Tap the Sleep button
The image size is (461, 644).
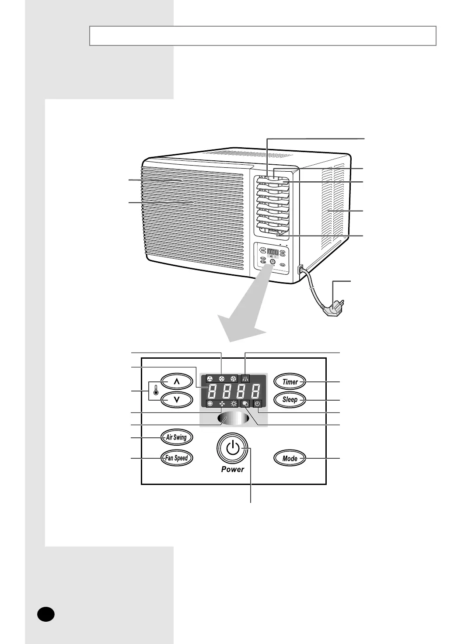pyautogui.click(x=290, y=399)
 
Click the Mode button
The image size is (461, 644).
pyautogui.click(x=290, y=458)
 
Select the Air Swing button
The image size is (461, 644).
pyautogui.click(x=176, y=437)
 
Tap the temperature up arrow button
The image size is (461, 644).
pyautogui.click(x=176, y=381)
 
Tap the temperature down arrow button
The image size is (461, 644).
pyautogui.click(x=176, y=400)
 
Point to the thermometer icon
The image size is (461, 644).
pyautogui.click(x=156, y=390)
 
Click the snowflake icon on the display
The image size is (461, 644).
pyautogui.click(x=210, y=404)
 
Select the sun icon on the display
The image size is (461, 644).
pyautogui.click(x=234, y=404)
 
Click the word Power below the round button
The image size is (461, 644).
pyautogui.click(x=233, y=469)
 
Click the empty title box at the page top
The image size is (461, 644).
pyautogui.click(x=262, y=36)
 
